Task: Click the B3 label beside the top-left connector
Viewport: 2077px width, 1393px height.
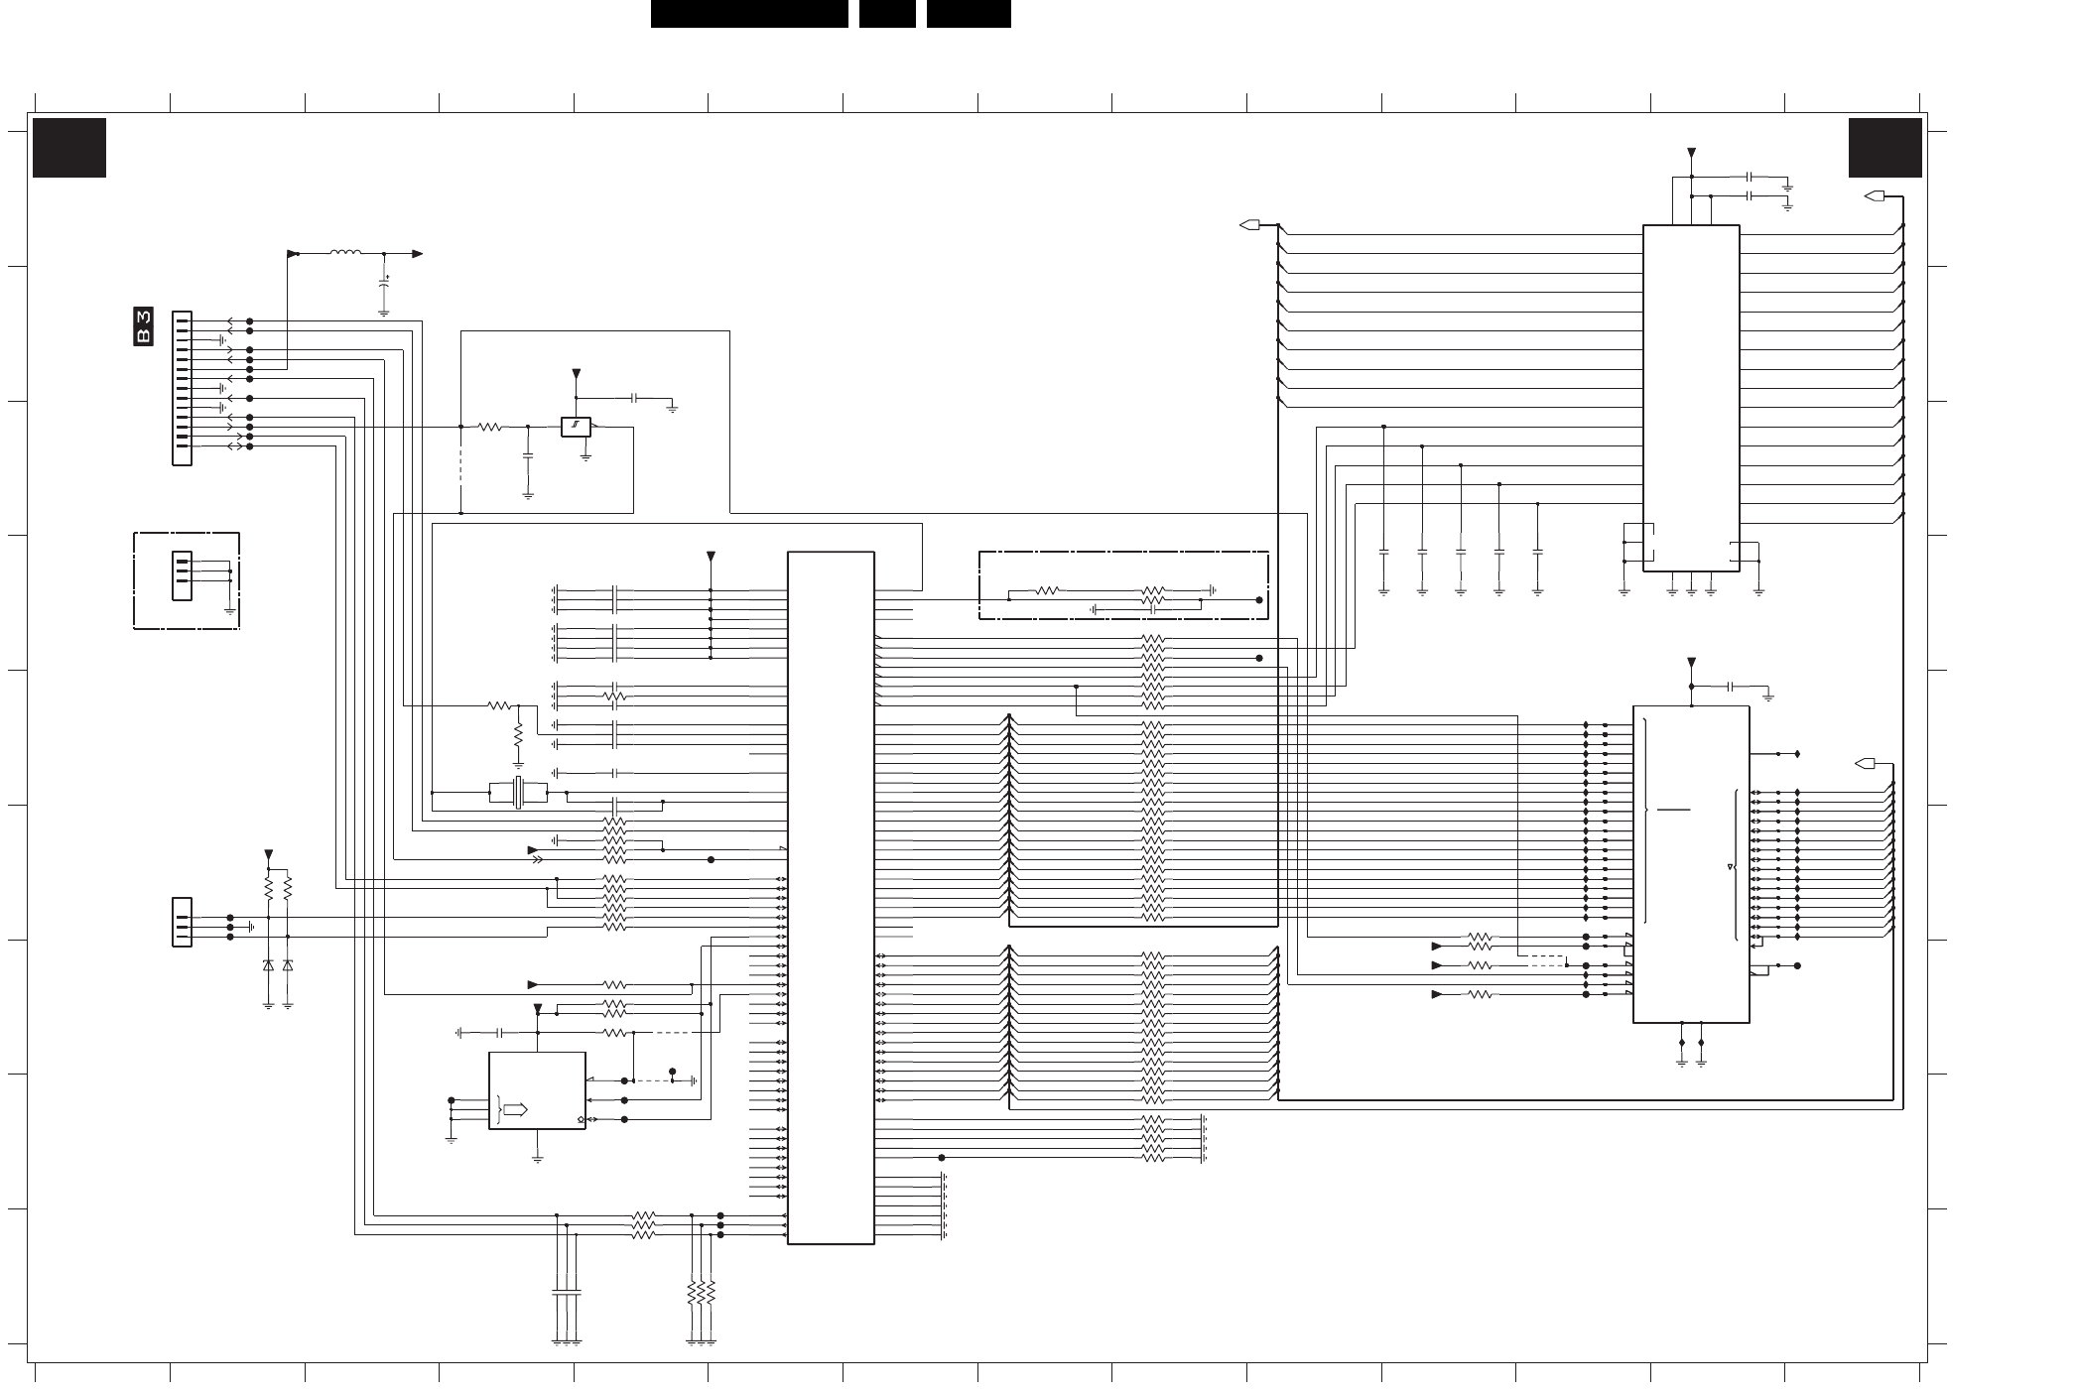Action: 144,327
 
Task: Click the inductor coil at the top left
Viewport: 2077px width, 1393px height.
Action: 345,253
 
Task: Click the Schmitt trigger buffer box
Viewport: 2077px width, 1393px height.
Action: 576,427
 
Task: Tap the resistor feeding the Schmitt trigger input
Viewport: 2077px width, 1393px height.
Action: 490,427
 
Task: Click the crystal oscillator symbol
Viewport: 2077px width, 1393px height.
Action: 518,793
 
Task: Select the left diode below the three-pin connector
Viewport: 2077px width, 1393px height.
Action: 268,964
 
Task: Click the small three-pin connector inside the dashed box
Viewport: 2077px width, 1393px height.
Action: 182,575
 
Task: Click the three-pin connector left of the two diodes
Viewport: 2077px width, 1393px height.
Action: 182,922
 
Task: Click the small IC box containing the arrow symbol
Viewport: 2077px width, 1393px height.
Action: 537,1090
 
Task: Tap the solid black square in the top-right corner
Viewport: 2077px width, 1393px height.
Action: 1884,148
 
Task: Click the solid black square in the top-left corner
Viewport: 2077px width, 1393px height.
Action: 69,148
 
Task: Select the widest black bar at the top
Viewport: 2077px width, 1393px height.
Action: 749,14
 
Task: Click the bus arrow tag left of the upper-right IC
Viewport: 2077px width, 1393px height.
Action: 1250,225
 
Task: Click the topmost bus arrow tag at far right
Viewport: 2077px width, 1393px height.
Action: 1875,196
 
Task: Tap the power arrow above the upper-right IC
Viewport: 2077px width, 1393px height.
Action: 1692,154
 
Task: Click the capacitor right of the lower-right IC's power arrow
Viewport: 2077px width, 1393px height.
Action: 1731,686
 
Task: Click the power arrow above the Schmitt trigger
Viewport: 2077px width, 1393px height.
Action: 576,375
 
